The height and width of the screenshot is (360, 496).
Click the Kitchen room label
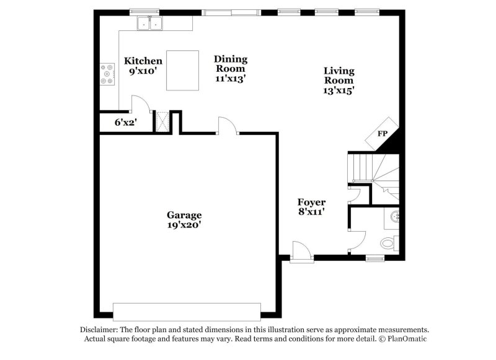143,61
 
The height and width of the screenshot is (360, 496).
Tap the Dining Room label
231,64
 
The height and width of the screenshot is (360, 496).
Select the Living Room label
339,75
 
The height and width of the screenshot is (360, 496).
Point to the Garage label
184,215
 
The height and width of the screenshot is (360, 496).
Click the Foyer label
311,203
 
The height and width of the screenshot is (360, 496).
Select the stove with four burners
107,74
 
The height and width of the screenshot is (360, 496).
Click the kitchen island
182,70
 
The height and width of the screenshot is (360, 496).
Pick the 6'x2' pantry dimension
125,123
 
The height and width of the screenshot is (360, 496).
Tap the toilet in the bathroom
389,242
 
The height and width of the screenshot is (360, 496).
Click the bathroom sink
395,217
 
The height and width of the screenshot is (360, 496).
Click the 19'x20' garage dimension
184,225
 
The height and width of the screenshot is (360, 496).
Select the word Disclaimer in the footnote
99,330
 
